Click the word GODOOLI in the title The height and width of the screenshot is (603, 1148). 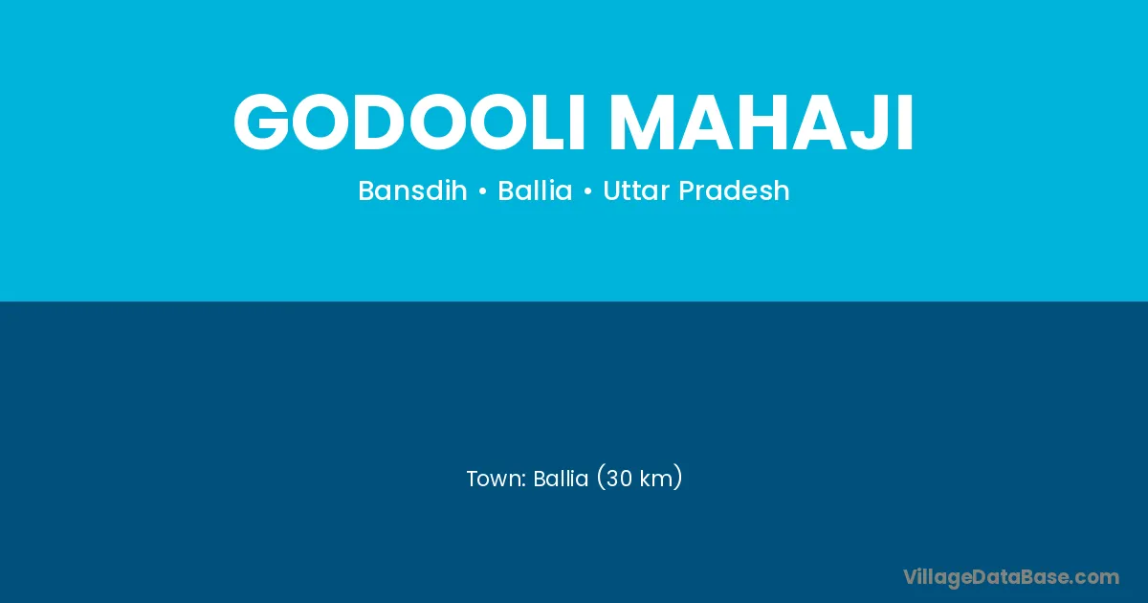click(409, 123)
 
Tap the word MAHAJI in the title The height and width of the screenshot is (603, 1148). click(762, 123)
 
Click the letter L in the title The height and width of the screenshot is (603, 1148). click(548, 123)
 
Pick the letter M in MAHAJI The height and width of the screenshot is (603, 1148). click(643, 123)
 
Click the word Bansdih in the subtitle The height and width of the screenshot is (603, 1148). click(413, 190)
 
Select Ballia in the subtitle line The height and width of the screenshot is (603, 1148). click(535, 190)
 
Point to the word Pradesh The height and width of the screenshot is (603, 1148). click(734, 190)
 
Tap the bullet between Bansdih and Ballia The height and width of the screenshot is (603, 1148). click(482, 191)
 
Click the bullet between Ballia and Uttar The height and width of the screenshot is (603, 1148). click(587, 191)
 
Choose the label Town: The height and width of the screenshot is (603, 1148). click(497, 479)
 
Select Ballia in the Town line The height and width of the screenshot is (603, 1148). click(561, 479)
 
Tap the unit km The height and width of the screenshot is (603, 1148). click(656, 479)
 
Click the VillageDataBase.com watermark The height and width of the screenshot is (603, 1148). click(1011, 578)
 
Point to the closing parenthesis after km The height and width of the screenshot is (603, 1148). click(678, 478)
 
